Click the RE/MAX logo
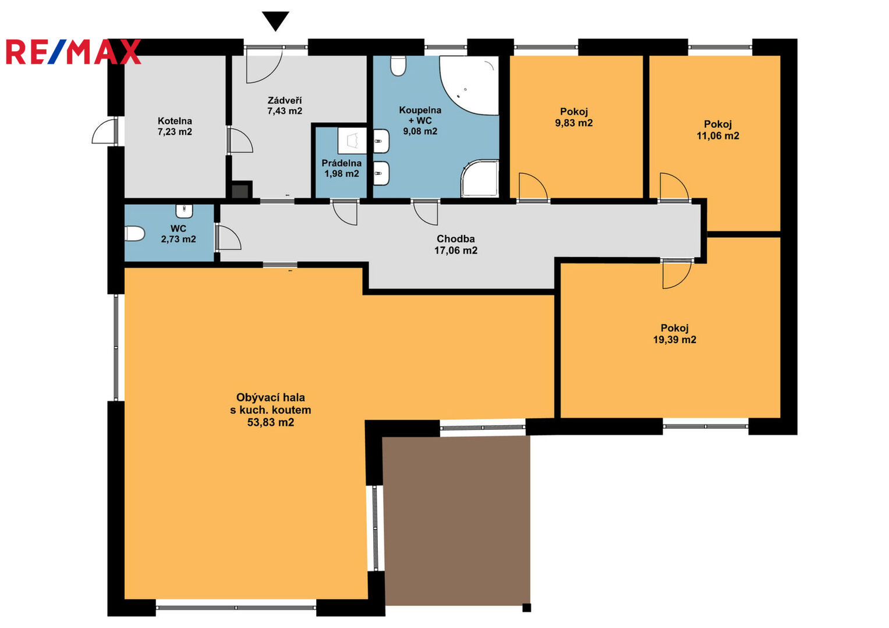tap(73, 52)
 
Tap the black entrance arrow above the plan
tap(276, 21)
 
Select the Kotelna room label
tap(175, 121)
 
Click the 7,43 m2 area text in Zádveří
tap(285, 111)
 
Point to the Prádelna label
tap(341, 163)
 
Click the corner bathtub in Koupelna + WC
tap(470, 85)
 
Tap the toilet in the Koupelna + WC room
tap(398, 66)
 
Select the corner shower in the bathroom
tap(480, 179)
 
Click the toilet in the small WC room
tap(134, 234)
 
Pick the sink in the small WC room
tap(184, 211)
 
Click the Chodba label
tap(456, 239)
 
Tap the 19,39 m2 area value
tap(675, 340)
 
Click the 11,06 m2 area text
tap(718, 136)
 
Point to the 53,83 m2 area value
tap(271, 422)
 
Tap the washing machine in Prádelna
tap(352, 140)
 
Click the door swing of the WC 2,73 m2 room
tap(229, 237)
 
